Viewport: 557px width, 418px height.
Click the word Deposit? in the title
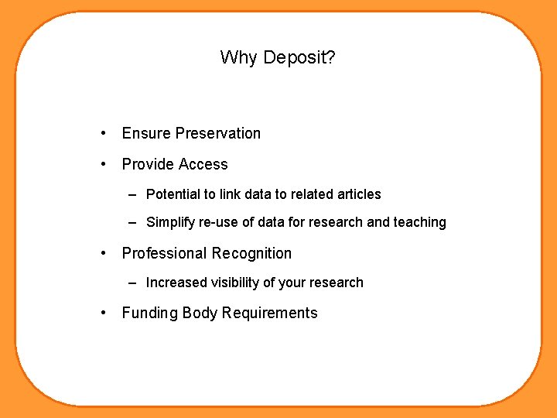[x=299, y=58]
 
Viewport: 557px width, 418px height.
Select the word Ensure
[x=146, y=133]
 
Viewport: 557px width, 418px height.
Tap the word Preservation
[x=218, y=133]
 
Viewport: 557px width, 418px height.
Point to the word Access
[x=203, y=164]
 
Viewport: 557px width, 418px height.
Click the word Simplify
[x=170, y=222]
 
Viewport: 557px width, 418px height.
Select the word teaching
[x=420, y=222]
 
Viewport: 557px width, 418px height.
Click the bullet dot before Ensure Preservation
[x=103, y=133]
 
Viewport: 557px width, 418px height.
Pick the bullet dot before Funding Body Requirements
[x=103, y=313]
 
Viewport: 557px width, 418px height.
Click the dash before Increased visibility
[x=133, y=283]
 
